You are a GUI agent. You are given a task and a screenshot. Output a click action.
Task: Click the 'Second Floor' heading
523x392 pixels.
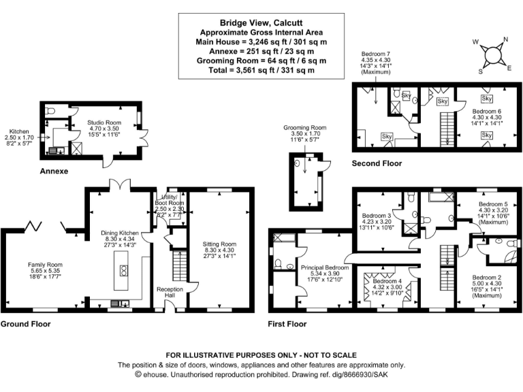click(376, 164)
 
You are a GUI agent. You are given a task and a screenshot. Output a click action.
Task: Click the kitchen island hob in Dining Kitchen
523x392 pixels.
click(123, 269)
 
